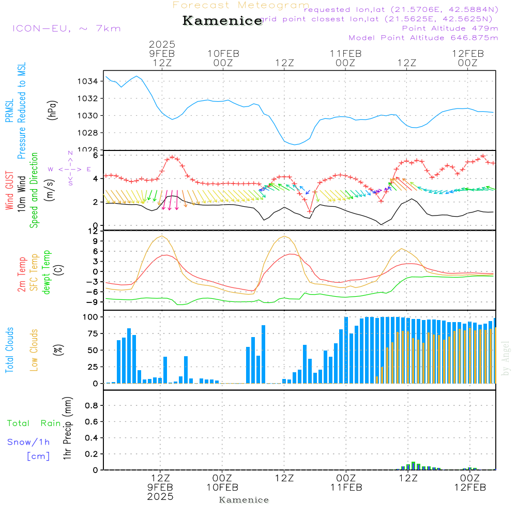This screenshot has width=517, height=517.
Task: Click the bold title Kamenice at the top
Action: pos(222,21)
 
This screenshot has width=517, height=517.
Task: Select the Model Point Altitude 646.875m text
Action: pos(423,38)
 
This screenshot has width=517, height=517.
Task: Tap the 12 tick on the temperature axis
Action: pos(94,231)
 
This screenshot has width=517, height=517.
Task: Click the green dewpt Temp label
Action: pos(47,272)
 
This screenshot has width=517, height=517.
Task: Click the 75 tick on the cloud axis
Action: pos(92,334)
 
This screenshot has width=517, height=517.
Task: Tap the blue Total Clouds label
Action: pos(9,350)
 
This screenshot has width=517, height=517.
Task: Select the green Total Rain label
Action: pos(34,423)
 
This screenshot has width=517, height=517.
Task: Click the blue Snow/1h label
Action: pos(28,442)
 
